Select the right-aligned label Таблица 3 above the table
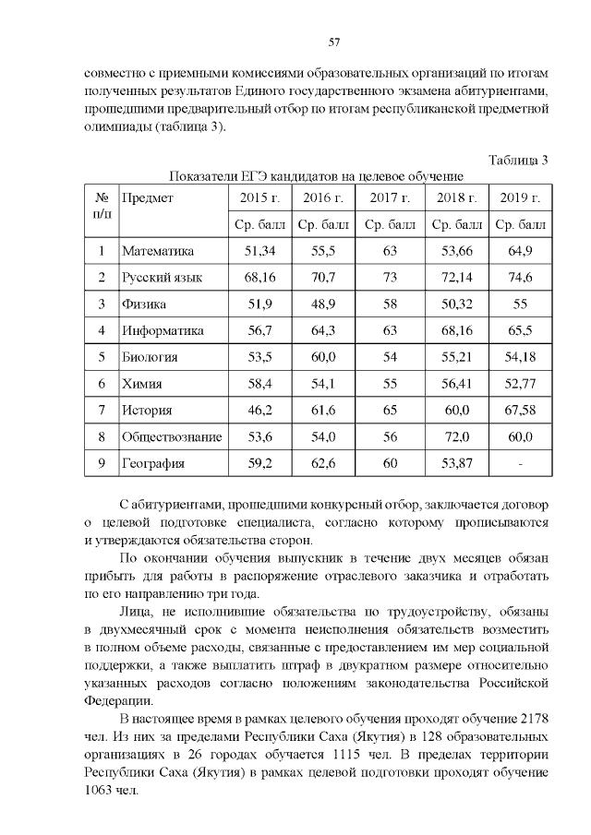click(x=519, y=160)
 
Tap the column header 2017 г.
click(x=389, y=197)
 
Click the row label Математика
click(x=158, y=251)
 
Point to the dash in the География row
click(x=520, y=463)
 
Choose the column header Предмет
click(x=148, y=197)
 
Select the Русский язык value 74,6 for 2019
click(x=520, y=277)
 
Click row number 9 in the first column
click(x=101, y=463)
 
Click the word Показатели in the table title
click(x=203, y=176)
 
